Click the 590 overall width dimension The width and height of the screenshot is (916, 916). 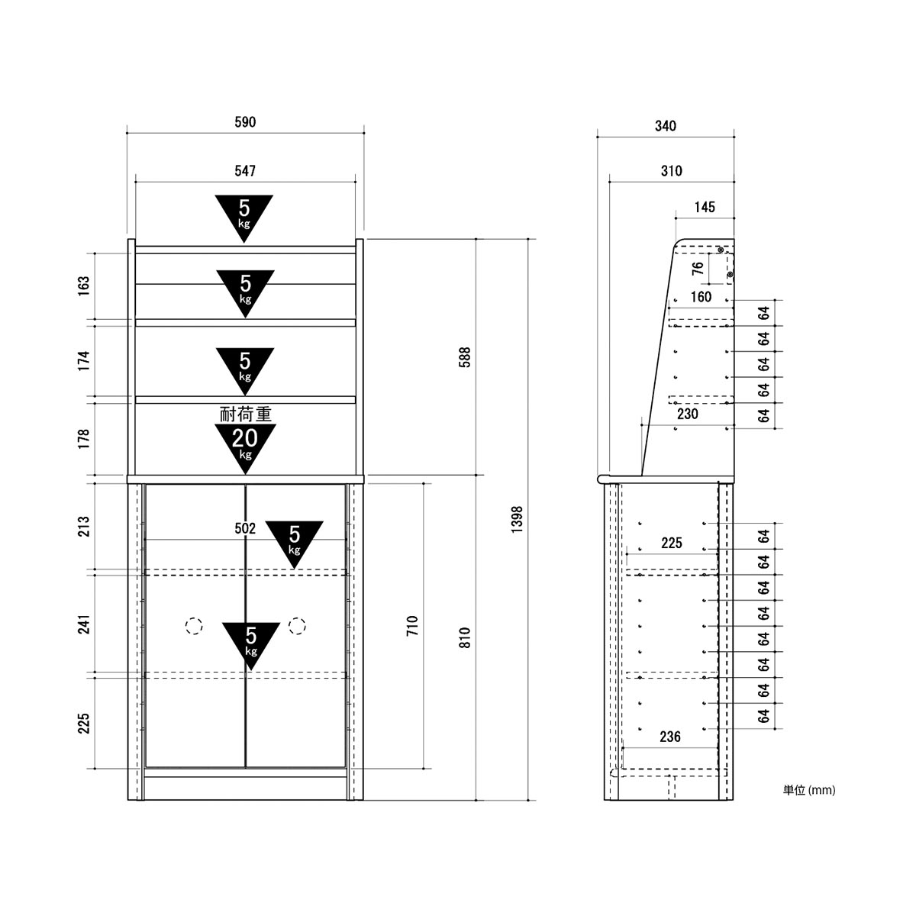245,122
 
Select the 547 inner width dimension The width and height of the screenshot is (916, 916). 245,171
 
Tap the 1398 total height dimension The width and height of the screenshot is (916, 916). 518,519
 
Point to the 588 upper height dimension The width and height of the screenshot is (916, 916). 465,357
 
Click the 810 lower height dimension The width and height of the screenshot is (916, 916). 465,637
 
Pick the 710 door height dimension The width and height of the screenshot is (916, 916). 413,626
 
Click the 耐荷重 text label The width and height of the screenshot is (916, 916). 245,414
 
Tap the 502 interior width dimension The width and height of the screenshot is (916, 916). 245,528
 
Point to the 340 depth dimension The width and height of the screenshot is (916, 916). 666,126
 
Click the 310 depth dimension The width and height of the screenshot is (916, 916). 671,171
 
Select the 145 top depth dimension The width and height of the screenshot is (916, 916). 705,207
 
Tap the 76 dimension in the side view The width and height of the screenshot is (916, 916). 698,268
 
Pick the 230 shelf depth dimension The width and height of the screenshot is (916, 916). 687,414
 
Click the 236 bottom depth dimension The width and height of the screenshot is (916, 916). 670,737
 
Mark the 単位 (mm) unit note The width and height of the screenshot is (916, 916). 809,790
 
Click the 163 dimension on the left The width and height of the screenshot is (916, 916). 84,285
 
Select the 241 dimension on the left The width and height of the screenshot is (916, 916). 84,624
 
